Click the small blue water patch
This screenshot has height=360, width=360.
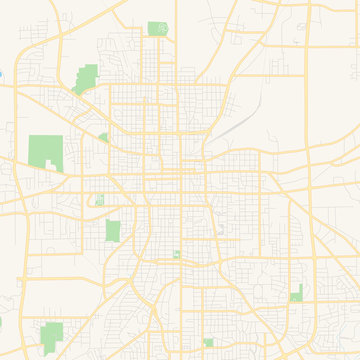[x=2, y=73]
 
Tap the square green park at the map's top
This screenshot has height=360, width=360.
[x=158, y=28]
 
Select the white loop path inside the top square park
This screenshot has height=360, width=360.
[x=158, y=28]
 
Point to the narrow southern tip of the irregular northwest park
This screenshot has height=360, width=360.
[x=76, y=91]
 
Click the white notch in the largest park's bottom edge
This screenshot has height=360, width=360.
[x=45, y=167]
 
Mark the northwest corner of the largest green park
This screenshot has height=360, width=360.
[x=30, y=136]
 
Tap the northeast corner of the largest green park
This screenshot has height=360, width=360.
[x=60, y=136]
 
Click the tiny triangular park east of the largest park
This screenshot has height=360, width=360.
[x=103, y=137]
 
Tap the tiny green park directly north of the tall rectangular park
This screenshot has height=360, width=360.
[x=100, y=201]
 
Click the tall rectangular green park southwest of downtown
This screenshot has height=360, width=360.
[x=113, y=231]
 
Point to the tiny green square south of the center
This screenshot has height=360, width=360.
[x=177, y=255]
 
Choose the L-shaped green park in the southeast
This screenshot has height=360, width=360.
[x=297, y=294]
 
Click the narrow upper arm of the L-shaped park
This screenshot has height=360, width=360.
[x=300, y=288]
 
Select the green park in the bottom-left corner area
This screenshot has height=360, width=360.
[x=50, y=333]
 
